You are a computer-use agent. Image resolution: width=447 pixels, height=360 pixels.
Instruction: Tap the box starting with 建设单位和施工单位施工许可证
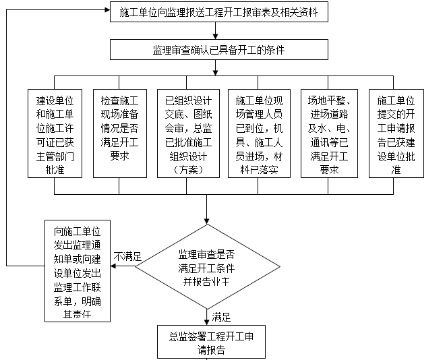(x=56, y=133)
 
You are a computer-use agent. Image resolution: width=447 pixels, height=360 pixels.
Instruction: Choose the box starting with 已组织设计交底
(x=184, y=133)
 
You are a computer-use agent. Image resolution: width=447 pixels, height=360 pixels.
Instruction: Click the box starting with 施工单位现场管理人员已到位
(x=258, y=133)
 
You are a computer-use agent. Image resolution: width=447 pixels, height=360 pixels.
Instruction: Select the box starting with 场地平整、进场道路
(x=329, y=133)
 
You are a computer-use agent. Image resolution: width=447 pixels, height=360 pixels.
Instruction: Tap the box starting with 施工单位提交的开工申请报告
(x=396, y=133)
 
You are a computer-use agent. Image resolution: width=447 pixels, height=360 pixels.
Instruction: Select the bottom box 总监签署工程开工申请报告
(x=207, y=341)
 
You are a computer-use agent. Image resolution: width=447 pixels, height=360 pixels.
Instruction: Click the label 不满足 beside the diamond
(x=128, y=257)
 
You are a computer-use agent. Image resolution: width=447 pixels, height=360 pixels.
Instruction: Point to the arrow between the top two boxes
(x=215, y=32)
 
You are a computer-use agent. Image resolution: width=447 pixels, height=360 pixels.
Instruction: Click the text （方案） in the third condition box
(x=184, y=171)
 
